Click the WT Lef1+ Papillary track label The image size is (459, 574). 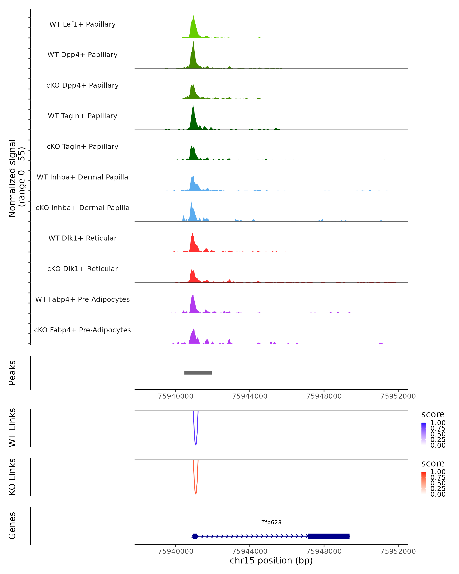coord(82,24)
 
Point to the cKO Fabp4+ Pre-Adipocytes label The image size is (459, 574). coord(82,330)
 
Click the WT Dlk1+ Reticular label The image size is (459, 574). coord(82,238)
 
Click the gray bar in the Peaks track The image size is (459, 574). coord(198,373)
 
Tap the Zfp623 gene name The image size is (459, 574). coord(271,522)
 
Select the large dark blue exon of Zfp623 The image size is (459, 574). coord(329,536)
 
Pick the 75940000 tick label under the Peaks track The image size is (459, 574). coord(176,396)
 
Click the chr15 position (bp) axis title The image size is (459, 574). coord(271,560)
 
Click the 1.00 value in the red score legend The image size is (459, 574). coord(438,472)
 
